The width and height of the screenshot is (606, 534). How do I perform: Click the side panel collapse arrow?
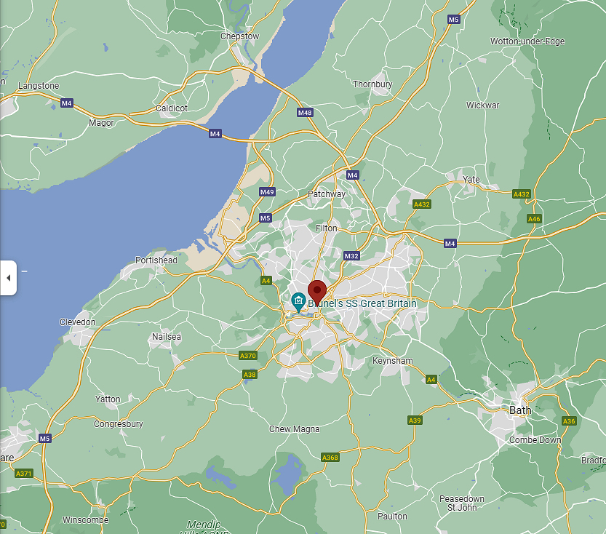pyautogui.click(x=8, y=277)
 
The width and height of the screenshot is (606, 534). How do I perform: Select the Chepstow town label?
pyautogui.click(x=239, y=36)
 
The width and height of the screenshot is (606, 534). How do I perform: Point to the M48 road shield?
pyautogui.click(x=305, y=113)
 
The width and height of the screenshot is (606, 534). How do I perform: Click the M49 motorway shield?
pyautogui.click(x=267, y=192)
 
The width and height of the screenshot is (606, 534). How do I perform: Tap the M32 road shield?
pyautogui.click(x=352, y=256)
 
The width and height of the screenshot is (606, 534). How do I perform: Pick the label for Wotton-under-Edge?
pyautogui.click(x=527, y=41)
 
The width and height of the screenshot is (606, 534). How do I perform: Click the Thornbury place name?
pyautogui.click(x=372, y=84)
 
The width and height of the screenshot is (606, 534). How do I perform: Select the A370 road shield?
pyautogui.click(x=248, y=355)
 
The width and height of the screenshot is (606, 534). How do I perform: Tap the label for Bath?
pyautogui.click(x=520, y=410)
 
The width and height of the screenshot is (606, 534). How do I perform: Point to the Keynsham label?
pyautogui.click(x=392, y=361)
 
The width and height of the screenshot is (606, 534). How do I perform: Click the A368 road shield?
pyautogui.click(x=330, y=457)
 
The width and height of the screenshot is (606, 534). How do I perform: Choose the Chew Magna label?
pyautogui.click(x=295, y=429)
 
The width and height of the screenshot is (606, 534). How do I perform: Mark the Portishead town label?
pyautogui.click(x=156, y=260)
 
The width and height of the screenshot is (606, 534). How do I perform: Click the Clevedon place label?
pyautogui.click(x=77, y=322)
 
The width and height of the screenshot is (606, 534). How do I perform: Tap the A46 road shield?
pyautogui.click(x=534, y=218)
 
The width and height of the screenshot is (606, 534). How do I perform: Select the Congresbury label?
pyautogui.click(x=119, y=424)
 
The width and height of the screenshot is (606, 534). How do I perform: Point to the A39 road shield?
pyautogui.click(x=415, y=421)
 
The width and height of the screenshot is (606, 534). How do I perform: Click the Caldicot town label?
pyautogui.click(x=172, y=108)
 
